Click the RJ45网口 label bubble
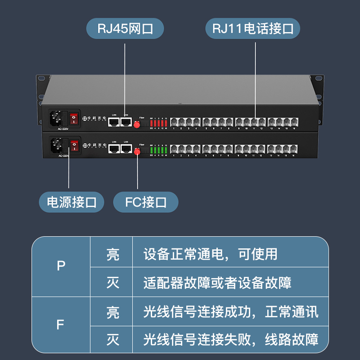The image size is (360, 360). [x=125, y=29]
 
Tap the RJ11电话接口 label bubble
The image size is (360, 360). [x=253, y=29]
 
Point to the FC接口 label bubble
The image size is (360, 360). [x=146, y=202]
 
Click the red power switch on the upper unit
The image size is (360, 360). [x=74, y=119]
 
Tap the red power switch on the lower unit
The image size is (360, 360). [x=74, y=145]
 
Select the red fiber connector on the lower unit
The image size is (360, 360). [x=137, y=152]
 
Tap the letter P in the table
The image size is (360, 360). [x=61, y=266]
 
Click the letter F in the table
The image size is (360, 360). [x=61, y=324]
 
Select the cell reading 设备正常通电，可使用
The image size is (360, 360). [x=211, y=254]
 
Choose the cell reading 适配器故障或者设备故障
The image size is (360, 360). [x=217, y=283]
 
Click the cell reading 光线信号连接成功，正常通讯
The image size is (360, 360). [x=231, y=311]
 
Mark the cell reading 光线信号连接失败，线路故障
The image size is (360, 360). [x=231, y=339]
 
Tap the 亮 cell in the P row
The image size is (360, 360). [x=113, y=254]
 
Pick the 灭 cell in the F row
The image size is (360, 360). [x=113, y=339]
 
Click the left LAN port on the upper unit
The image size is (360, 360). [x=114, y=121]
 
